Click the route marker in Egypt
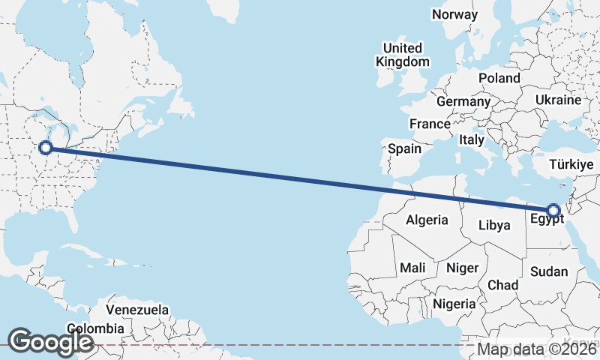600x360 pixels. click(x=553, y=210)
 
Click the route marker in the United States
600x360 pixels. click(x=46, y=148)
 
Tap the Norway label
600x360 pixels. click(x=454, y=14)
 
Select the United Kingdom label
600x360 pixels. click(x=404, y=55)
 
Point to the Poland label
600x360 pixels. click(x=499, y=78)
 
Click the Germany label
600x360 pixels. click(x=463, y=101)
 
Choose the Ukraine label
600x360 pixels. click(x=558, y=100)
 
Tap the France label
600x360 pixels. click(x=429, y=124)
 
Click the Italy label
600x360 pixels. click(x=472, y=139)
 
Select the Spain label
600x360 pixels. click(x=404, y=148)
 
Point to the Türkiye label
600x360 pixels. click(x=571, y=164)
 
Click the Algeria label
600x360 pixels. click(x=427, y=220)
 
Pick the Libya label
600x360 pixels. click(x=494, y=224)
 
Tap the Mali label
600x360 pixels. click(x=412, y=268)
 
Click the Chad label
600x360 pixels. click(x=502, y=285)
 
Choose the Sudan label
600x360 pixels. click(x=549, y=271)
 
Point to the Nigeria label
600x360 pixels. click(x=454, y=304)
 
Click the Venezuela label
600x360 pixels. click(x=137, y=310)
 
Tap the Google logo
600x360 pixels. click(x=50, y=341)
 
